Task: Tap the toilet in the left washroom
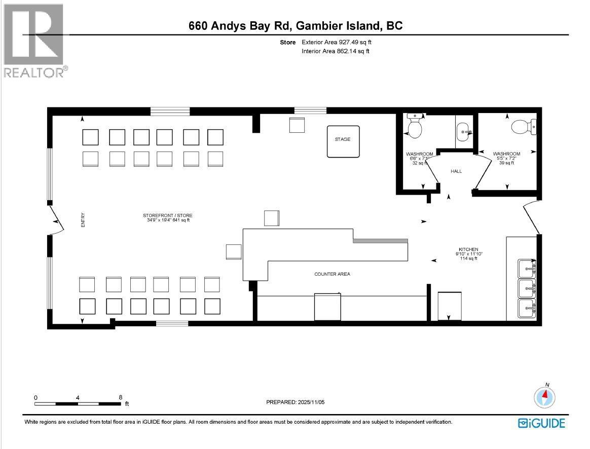coord(415,127)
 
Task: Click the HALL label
coord(456,171)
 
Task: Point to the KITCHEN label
coord(468,249)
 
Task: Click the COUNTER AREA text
coord(332,274)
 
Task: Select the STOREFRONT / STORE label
coord(167,215)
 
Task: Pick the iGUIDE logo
coord(541,423)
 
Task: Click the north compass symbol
coord(545,396)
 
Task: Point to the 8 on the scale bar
coord(121,398)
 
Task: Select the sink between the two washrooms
coord(464,133)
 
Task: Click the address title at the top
coord(296,26)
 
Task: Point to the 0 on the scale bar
coord(35,398)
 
